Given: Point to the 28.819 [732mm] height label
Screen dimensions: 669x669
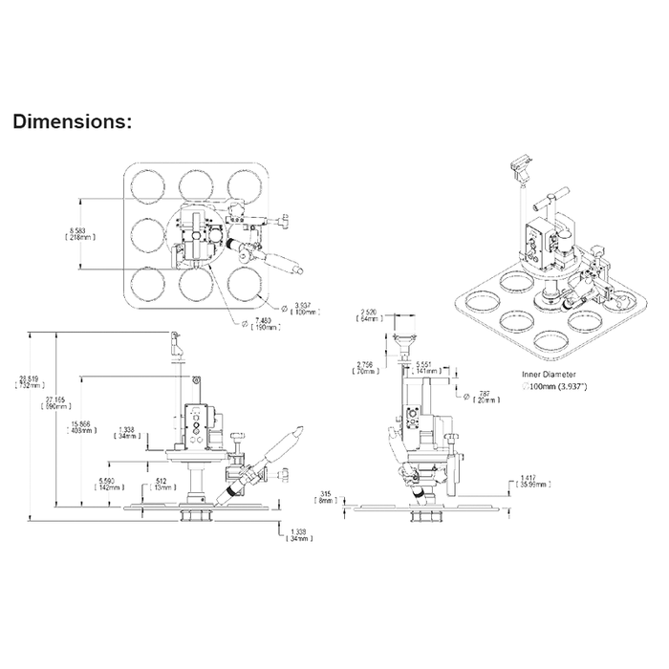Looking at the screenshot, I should click(26, 381).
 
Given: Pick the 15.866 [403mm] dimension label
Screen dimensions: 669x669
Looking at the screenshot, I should click(81, 426).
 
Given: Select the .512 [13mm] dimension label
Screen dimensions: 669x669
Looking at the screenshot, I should click(162, 483).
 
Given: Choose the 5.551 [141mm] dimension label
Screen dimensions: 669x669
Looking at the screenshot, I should click(430, 369).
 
